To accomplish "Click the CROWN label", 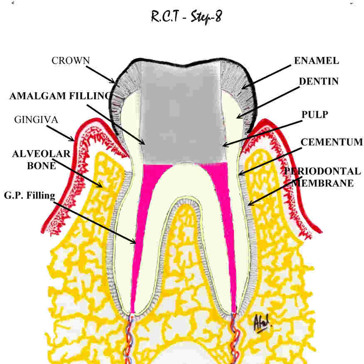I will click(70, 60).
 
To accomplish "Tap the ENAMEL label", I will click(316, 60).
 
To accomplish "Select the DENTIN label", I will click(319, 82).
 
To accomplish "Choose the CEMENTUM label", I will click(332, 142).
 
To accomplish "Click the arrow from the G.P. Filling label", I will click(96, 220).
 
